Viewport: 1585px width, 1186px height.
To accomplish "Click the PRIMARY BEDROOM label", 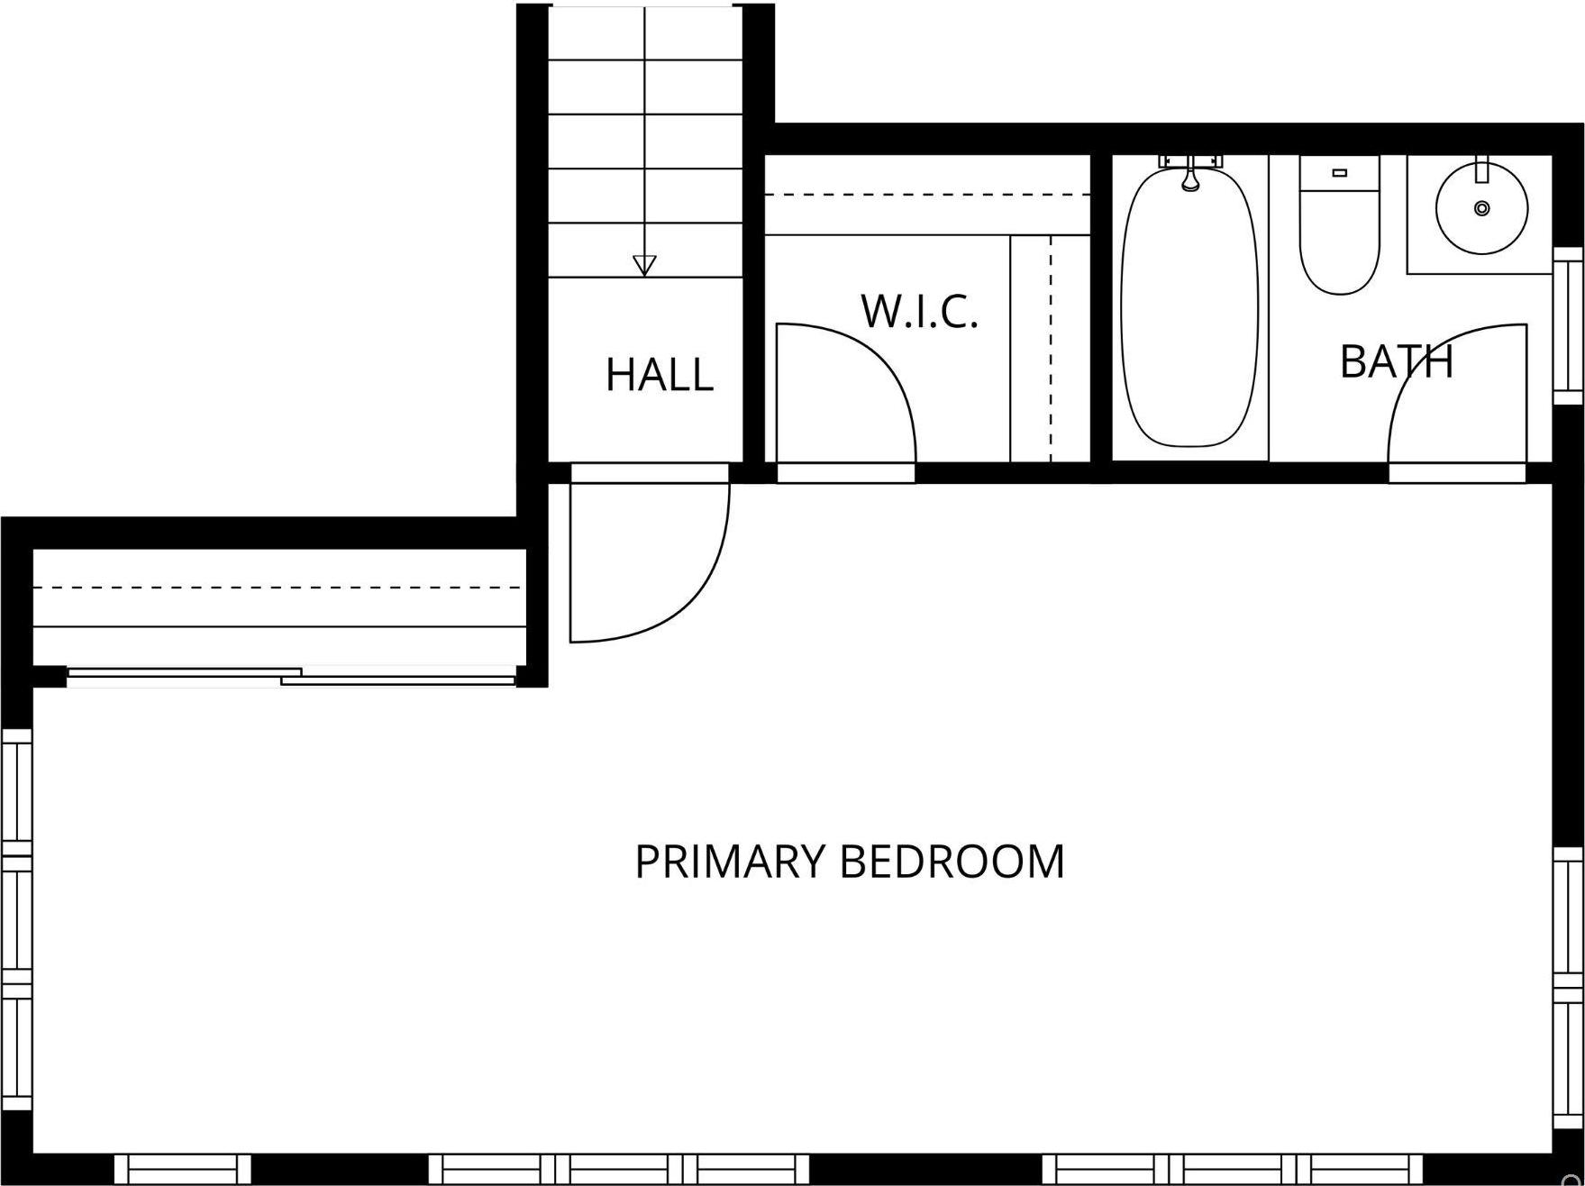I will pos(849,862).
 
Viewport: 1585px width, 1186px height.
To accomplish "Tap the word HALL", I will pos(660,375).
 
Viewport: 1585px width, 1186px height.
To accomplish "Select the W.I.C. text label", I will pos(919,312).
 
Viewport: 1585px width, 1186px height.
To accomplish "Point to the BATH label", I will pos(1396,361).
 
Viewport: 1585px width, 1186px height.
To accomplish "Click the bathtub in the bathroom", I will pos(1189,315).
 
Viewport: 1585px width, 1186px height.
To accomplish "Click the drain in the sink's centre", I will pos(1481,208).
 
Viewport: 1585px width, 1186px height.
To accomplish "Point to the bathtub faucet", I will pos(1190,176).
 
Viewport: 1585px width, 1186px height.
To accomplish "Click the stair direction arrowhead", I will pos(644,265).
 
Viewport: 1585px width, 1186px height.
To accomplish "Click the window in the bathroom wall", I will pos(1568,325).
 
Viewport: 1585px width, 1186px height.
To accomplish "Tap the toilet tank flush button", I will pos(1339,172).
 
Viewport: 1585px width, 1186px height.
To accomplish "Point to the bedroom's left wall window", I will pos(16,919).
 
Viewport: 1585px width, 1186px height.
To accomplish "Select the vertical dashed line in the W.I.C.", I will pos(1051,347).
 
